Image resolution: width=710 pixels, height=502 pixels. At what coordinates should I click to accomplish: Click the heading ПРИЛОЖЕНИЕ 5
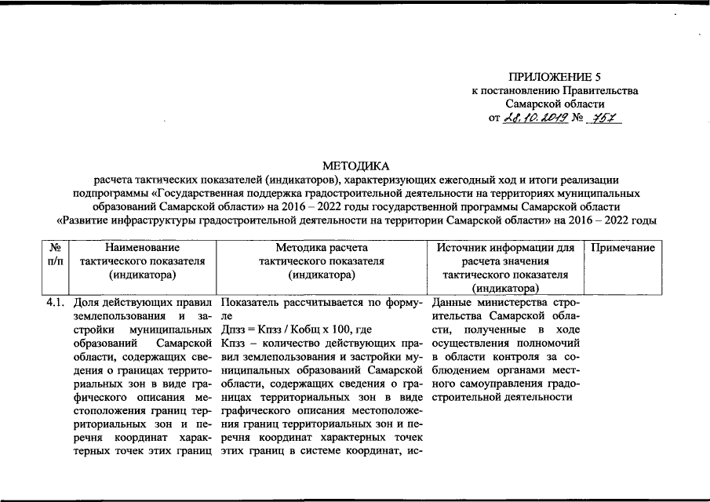555,77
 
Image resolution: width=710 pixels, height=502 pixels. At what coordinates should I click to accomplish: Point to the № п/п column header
56,254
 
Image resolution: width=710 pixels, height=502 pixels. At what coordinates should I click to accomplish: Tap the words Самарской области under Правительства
555,104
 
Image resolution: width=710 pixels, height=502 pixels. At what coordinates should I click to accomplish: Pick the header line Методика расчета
321,247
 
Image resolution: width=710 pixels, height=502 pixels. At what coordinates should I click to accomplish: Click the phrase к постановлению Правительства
555,91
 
